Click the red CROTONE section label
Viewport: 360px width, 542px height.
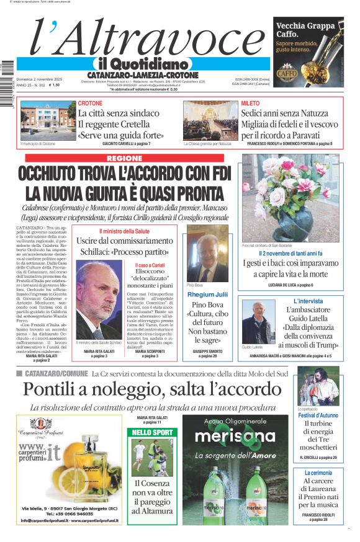point(91,103)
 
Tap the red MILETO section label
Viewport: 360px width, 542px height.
point(251,103)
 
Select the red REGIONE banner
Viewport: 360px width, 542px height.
point(124,158)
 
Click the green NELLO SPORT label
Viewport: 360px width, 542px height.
point(153,432)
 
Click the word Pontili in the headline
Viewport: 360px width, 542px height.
point(57,389)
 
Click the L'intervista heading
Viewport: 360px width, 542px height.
point(308,301)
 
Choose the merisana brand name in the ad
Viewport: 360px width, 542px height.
point(235,436)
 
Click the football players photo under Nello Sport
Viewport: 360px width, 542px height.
point(152,456)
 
